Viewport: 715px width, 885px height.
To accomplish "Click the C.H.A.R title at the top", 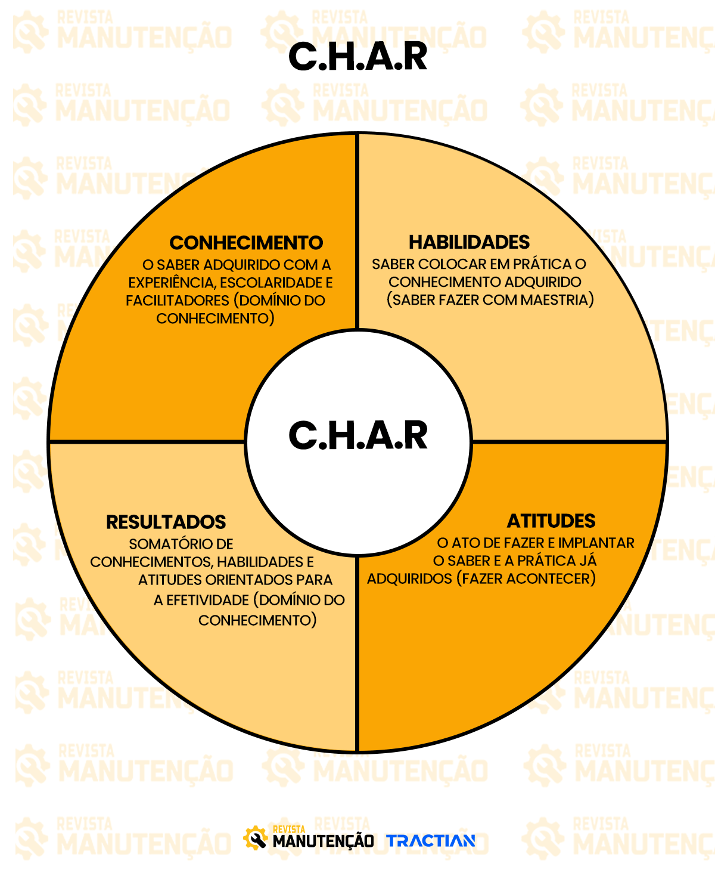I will (357, 57).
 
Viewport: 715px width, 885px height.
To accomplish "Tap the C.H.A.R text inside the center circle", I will (357, 435).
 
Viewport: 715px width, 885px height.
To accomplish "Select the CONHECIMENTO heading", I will (246, 243).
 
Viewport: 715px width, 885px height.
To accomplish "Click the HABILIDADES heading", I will (469, 242).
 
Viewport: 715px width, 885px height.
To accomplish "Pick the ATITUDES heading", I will (551, 521).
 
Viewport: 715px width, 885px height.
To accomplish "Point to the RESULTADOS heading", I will (166, 522).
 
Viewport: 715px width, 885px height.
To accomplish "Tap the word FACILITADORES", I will (177, 301).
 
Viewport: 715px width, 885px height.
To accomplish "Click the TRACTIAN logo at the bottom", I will (431, 841).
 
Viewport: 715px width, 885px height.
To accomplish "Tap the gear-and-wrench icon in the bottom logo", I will (256, 838).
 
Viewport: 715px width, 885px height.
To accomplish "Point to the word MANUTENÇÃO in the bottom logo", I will (323, 842).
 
